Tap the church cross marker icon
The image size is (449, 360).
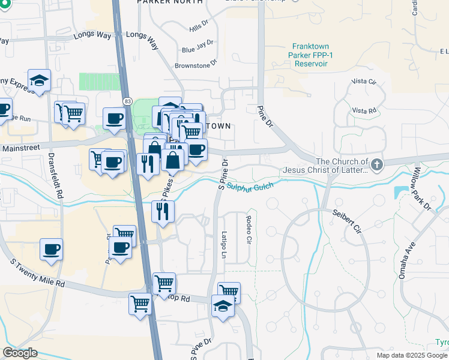pos(376,164)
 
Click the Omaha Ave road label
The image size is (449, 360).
pos(408,260)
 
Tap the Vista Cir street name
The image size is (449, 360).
pos(364,81)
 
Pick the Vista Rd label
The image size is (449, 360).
pos(364,110)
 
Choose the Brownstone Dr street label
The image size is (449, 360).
pos(196,65)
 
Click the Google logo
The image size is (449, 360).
pos(20,353)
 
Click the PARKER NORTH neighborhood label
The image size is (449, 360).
pos(162,2)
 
